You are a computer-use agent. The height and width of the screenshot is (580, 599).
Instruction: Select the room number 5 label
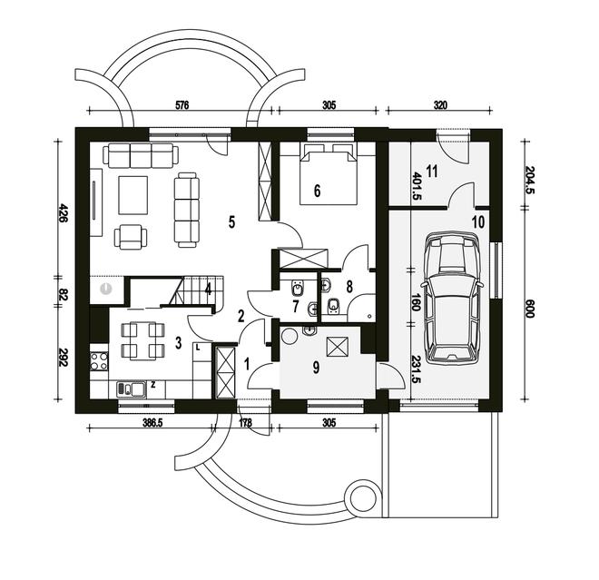(232, 221)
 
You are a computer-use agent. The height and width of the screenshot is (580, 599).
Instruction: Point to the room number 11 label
(432, 170)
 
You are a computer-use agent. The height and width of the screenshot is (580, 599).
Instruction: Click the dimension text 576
(181, 105)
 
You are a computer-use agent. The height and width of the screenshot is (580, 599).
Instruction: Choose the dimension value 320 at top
(440, 105)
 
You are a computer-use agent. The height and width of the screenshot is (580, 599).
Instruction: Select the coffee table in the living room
(133, 191)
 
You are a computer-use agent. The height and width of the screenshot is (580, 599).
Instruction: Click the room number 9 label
(317, 368)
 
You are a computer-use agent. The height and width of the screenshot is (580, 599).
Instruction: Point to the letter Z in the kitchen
(153, 386)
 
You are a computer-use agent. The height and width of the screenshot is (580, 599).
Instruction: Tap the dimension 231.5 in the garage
(417, 371)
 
